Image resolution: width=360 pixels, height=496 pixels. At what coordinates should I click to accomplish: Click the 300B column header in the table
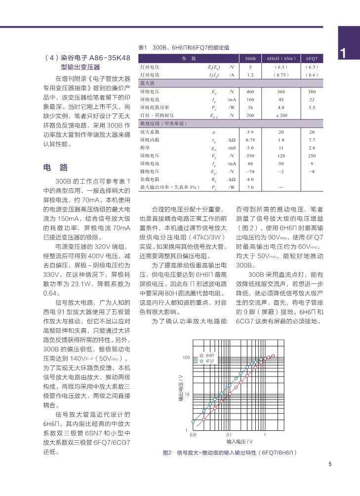click(250, 58)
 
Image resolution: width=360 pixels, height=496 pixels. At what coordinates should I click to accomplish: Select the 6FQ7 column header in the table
click(312, 58)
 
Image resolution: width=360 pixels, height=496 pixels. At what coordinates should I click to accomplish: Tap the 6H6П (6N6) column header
click(281, 58)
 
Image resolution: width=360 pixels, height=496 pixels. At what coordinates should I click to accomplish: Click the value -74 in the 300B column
click(250, 171)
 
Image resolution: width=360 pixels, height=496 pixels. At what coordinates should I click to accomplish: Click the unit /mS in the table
click(232, 148)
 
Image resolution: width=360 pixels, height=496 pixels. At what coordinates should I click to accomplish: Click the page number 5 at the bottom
click(330, 464)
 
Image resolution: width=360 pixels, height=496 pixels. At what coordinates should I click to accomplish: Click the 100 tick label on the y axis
click(186, 357)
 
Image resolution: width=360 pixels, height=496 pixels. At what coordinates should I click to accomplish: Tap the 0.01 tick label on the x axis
click(193, 435)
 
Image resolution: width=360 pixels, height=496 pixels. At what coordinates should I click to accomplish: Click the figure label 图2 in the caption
click(167, 453)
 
